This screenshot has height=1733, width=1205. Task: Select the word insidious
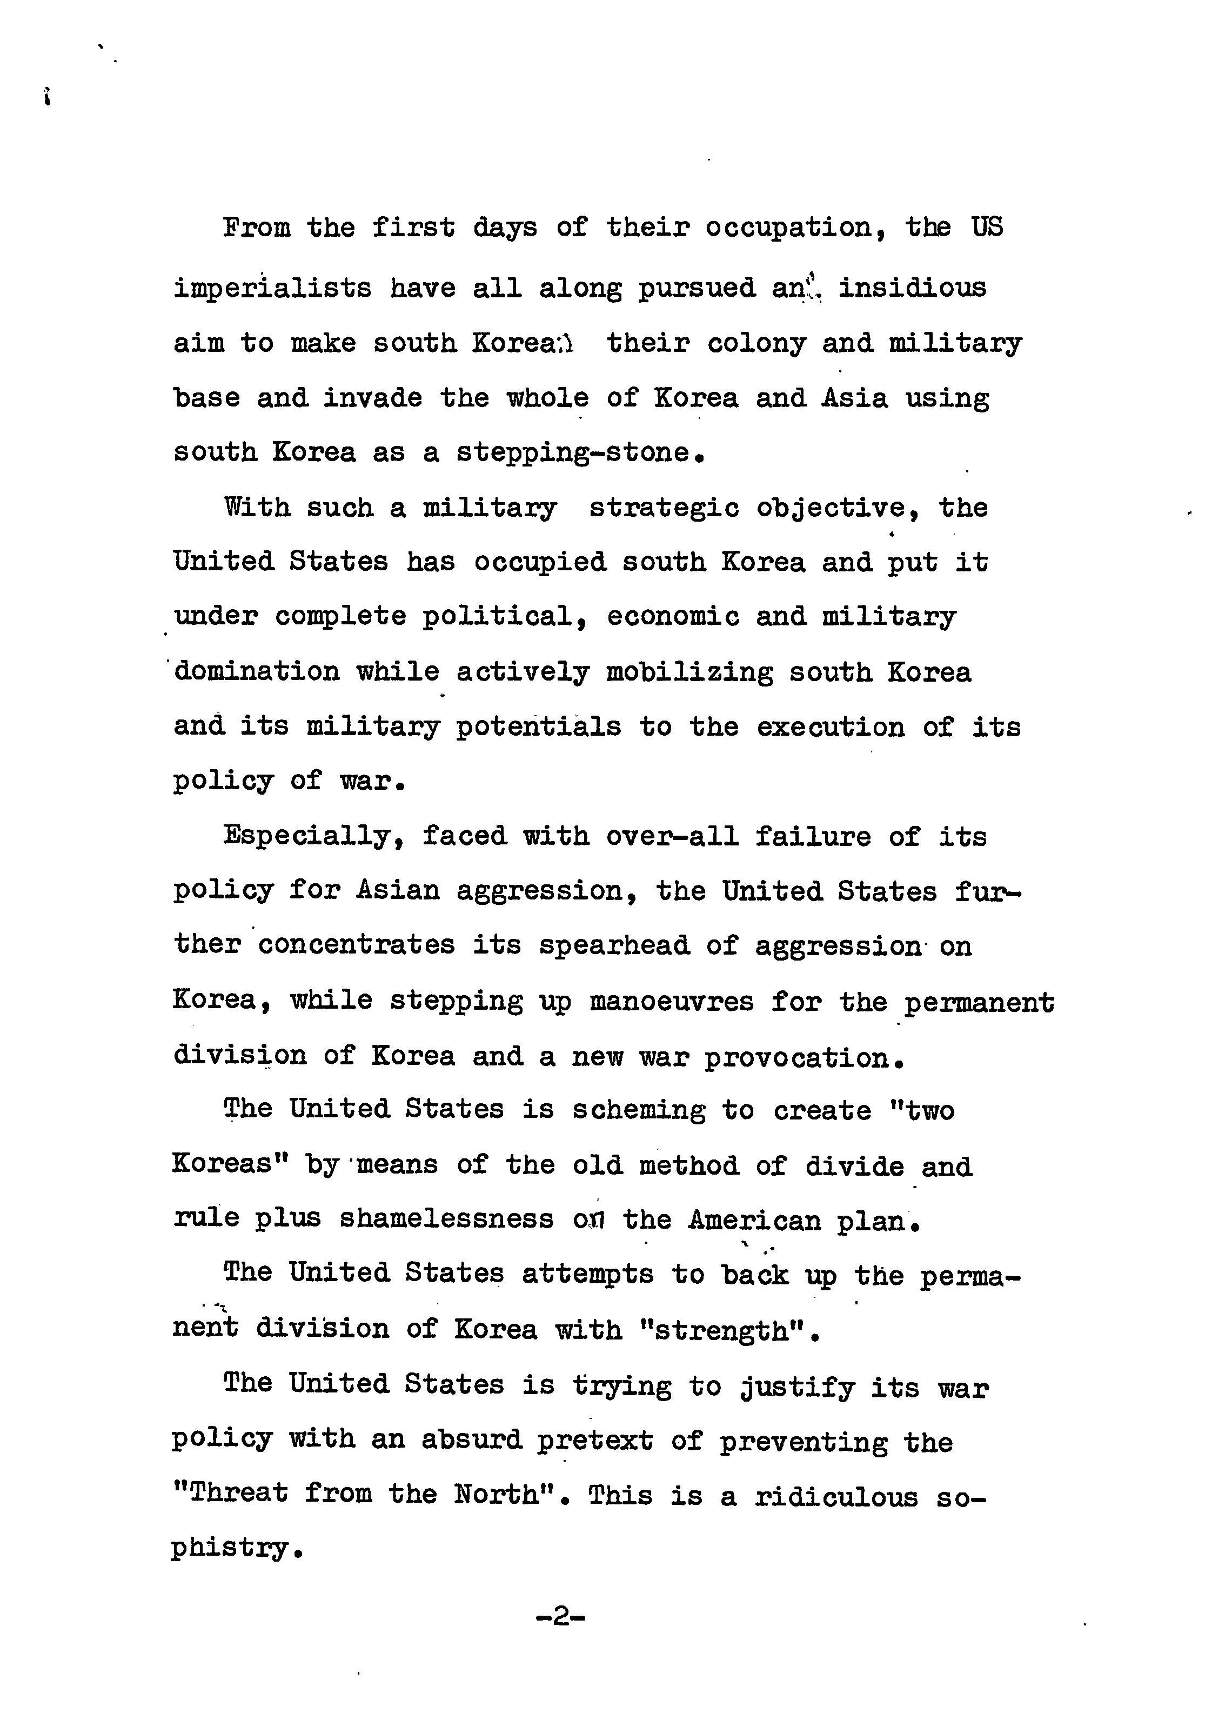tap(912, 288)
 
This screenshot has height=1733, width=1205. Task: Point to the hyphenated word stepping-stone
tap(573, 453)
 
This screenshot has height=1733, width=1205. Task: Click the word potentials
tap(539, 727)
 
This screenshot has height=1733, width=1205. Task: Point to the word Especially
tap(306, 836)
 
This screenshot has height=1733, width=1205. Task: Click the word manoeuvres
tap(672, 1002)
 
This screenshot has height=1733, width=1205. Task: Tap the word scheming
tap(638, 1110)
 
